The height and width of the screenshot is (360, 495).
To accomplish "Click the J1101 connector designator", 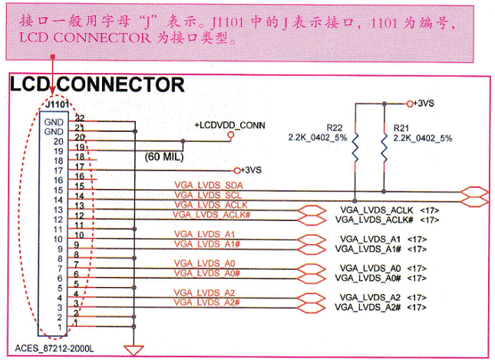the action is [57, 104].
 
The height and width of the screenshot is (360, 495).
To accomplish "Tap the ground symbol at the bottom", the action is [134, 350].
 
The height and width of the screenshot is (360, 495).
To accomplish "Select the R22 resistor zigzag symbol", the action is [355, 147].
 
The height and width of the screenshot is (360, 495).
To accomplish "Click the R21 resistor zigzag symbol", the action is [384, 147].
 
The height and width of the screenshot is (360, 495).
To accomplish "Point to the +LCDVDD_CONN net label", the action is [229, 125].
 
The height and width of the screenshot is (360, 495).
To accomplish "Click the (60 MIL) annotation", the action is [163, 157].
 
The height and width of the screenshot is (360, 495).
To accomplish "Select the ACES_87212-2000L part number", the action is [54, 348].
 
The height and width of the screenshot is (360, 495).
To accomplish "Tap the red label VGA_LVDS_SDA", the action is [209, 185].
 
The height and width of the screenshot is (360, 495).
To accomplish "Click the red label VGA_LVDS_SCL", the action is [208, 195].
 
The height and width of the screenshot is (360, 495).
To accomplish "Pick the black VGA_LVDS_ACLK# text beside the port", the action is [374, 220].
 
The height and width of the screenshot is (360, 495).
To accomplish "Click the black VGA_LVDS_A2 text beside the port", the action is [370, 298].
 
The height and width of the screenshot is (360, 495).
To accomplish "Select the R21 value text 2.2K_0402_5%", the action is [423, 138].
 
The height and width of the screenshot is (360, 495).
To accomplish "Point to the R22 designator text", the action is [335, 128].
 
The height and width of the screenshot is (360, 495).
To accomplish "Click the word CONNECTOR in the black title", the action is [120, 84].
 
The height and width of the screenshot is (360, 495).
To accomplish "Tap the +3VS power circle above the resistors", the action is [410, 104].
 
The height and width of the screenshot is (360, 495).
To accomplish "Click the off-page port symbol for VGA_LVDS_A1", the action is [312, 239].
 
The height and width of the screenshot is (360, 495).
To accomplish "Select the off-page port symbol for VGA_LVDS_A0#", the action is [312, 278].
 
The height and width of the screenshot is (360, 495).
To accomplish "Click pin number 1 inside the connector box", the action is [60, 327].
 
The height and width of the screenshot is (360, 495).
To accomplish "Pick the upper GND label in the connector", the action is [54, 122].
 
